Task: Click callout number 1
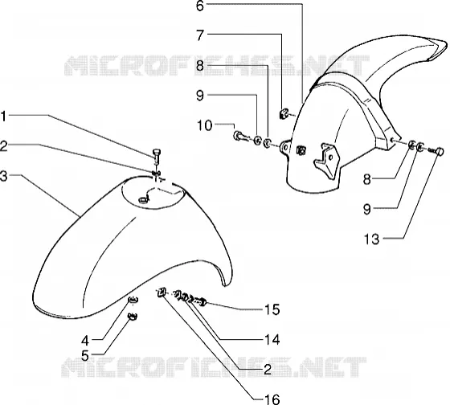3,117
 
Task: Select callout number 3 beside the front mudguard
3,176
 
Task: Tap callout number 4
85,341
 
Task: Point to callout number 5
85,356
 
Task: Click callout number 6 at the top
200,6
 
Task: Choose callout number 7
200,35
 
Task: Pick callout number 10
205,125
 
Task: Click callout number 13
371,239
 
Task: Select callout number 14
272,340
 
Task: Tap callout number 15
272,309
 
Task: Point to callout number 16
272,399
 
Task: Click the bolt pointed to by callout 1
156,156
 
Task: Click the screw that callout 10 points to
240,136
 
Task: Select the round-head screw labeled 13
436,151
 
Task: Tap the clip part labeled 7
284,113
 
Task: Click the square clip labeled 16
162,292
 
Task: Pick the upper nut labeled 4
133,300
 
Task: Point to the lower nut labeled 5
133,316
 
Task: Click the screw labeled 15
200,302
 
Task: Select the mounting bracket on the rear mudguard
327,161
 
